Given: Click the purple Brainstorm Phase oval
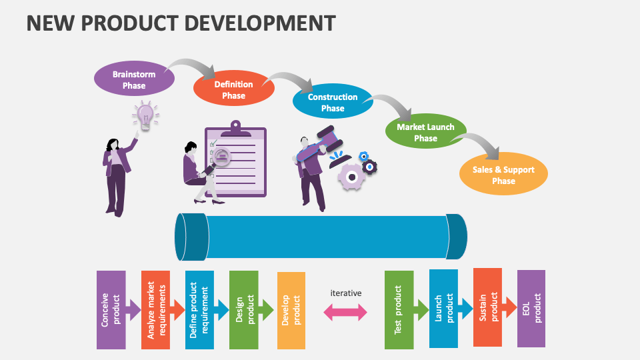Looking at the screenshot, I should pyautogui.click(x=134, y=80).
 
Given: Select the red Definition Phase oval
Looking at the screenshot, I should pyautogui.click(x=233, y=90).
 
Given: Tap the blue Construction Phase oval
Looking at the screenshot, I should pyautogui.click(x=333, y=102).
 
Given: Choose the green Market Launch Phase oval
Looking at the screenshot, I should pyautogui.click(x=425, y=132).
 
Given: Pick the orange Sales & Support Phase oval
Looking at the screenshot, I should pyautogui.click(x=503, y=175).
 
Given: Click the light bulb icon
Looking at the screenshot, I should pyautogui.click(x=145, y=116).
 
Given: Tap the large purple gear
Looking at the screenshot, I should pyautogui.click(x=351, y=175).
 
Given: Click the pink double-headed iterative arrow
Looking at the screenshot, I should pyautogui.click(x=345, y=312).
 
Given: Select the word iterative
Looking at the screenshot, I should pyautogui.click(x=346, y=293).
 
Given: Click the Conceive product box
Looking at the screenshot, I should pyautogui.click(x=111, y=309).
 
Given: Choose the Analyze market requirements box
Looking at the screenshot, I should pyautogui.click(x=155, y=309).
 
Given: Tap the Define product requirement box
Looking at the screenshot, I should pyautogui.click(x=199, y=309).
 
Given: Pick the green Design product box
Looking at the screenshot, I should pyautogui.click(x=243, y=309).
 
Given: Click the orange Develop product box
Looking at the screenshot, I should pyautogui.click(x=291, y=310).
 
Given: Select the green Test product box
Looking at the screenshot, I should pyautogui.click(x=399, y=309).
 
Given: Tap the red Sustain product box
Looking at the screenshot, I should pyautogui.click(x=487, y=307).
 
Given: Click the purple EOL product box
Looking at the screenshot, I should pyautogui.click(x=531, y=308).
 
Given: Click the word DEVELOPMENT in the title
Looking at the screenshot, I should pyautogui.click(x=259, y=23).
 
